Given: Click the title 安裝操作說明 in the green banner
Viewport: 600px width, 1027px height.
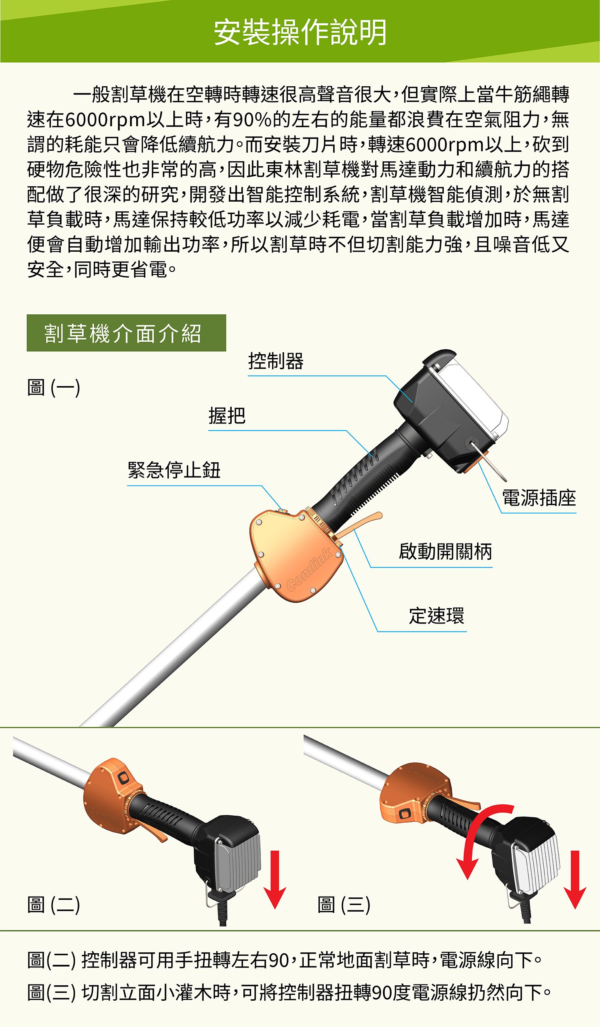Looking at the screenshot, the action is [x=300, y=32].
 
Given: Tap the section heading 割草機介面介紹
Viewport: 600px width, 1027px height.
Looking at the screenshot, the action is [x=123, y=333].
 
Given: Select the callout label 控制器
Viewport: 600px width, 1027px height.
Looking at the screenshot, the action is [x=276, y=361].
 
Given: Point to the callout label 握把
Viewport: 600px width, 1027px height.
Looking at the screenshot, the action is [x=227, y=416].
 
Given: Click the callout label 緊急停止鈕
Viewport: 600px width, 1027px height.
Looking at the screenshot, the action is [x=174, y=470].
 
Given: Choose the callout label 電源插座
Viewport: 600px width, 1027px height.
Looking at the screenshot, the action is [x=539, y=498].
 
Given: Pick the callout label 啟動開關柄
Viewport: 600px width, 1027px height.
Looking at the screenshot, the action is [x=445, y=551].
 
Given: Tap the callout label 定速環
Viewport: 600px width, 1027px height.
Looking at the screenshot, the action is [x=436, y=616].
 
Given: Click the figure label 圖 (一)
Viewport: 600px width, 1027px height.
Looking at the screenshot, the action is [x=53, y=387].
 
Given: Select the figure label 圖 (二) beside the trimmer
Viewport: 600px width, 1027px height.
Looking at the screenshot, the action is [x=53, y=904].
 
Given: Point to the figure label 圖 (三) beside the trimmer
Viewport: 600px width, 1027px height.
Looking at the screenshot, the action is [x=344, y=904].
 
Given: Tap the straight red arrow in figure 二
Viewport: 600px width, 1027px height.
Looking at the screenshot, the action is [x=275, y=879].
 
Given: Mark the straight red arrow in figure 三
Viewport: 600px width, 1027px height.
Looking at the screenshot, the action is [x=575, y=879].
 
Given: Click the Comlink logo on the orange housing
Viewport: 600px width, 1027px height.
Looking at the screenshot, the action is [x=309, y=569].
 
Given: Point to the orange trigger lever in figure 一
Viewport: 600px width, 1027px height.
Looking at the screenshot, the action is [x=359, y=524].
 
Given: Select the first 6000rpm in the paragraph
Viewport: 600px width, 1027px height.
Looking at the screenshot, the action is [x=105, y=120].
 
